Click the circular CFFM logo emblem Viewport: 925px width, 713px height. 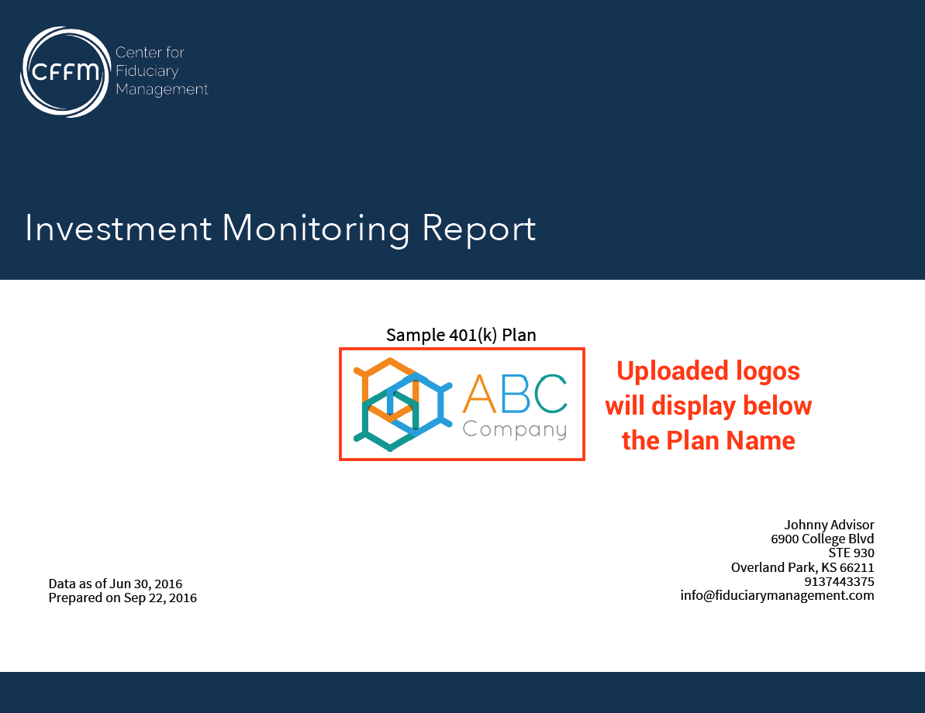[65, 72]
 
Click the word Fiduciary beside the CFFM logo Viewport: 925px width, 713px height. [147, 71]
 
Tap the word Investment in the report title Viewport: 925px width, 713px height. [118, 229]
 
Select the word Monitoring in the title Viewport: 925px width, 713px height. [316, 229]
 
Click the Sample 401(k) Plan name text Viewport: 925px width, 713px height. [461, 335]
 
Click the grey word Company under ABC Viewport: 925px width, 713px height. [514, 429]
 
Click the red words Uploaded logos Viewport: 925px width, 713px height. [708, 370]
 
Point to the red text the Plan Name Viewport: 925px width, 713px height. [708, 440]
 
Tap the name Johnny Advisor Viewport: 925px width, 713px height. [829, 525]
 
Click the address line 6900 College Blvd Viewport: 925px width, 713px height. [822, 539]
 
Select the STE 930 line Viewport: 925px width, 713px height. [851, 553]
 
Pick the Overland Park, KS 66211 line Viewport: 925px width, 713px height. [802, 567]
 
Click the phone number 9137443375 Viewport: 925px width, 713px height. [839, 581]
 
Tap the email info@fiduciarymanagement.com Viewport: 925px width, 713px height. [777, 595]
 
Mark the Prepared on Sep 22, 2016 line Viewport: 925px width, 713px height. [123, 598]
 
